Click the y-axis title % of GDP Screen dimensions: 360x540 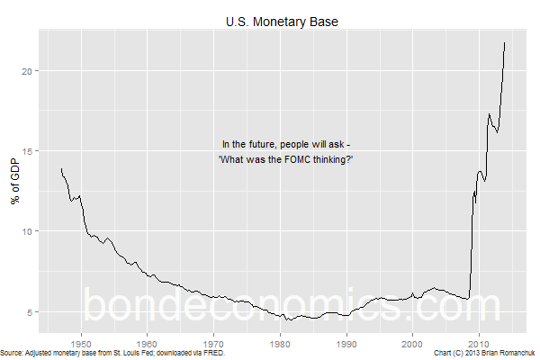coord(14,183)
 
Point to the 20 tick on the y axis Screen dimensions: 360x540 coord(31,70)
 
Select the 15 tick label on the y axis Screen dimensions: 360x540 coord(31,151)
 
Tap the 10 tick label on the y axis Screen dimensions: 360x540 coord(31,231)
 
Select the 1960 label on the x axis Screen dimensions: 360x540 coord(147,342)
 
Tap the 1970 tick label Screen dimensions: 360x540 coord(213,342)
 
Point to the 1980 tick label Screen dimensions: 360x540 coord(280,342)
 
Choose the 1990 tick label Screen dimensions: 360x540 coord(346,342)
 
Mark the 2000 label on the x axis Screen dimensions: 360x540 coord(412,342)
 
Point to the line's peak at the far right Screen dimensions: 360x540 coord(504,42)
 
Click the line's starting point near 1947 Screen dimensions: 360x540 coord(61,168)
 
